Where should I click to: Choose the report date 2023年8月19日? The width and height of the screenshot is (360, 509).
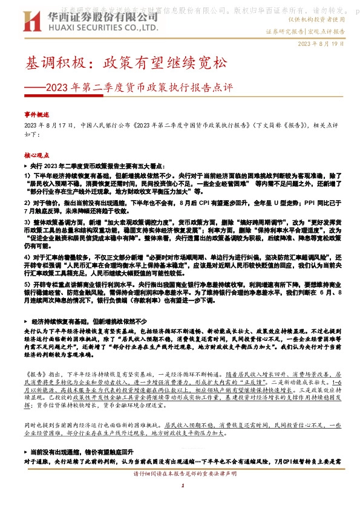tap(325, 44)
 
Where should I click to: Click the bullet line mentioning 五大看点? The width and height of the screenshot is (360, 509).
tap(103, 165)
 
